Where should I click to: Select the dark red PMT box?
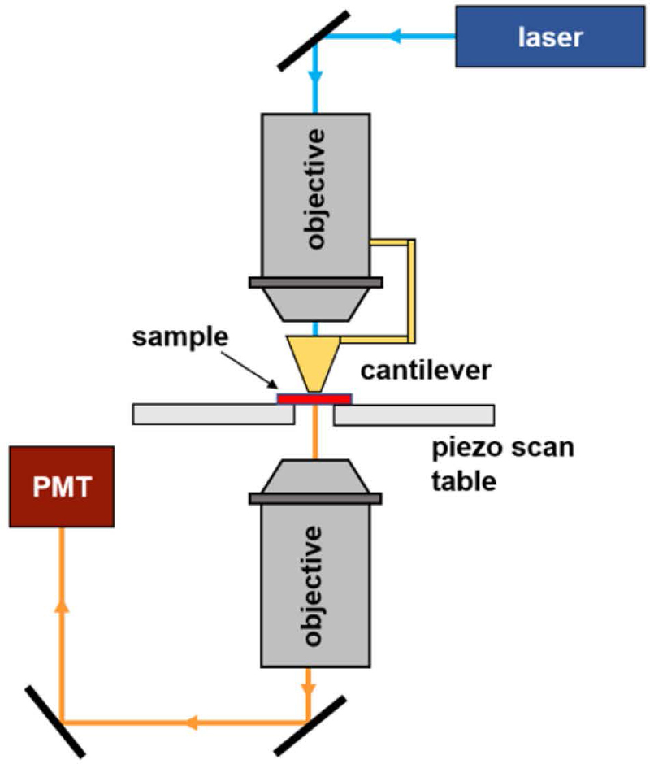pos(61,485)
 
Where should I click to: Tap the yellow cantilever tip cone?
pos(315,362)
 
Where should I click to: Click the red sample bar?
pos(314,398)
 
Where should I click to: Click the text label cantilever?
pos(427,372)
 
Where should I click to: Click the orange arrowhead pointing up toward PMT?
pos(62,606)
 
